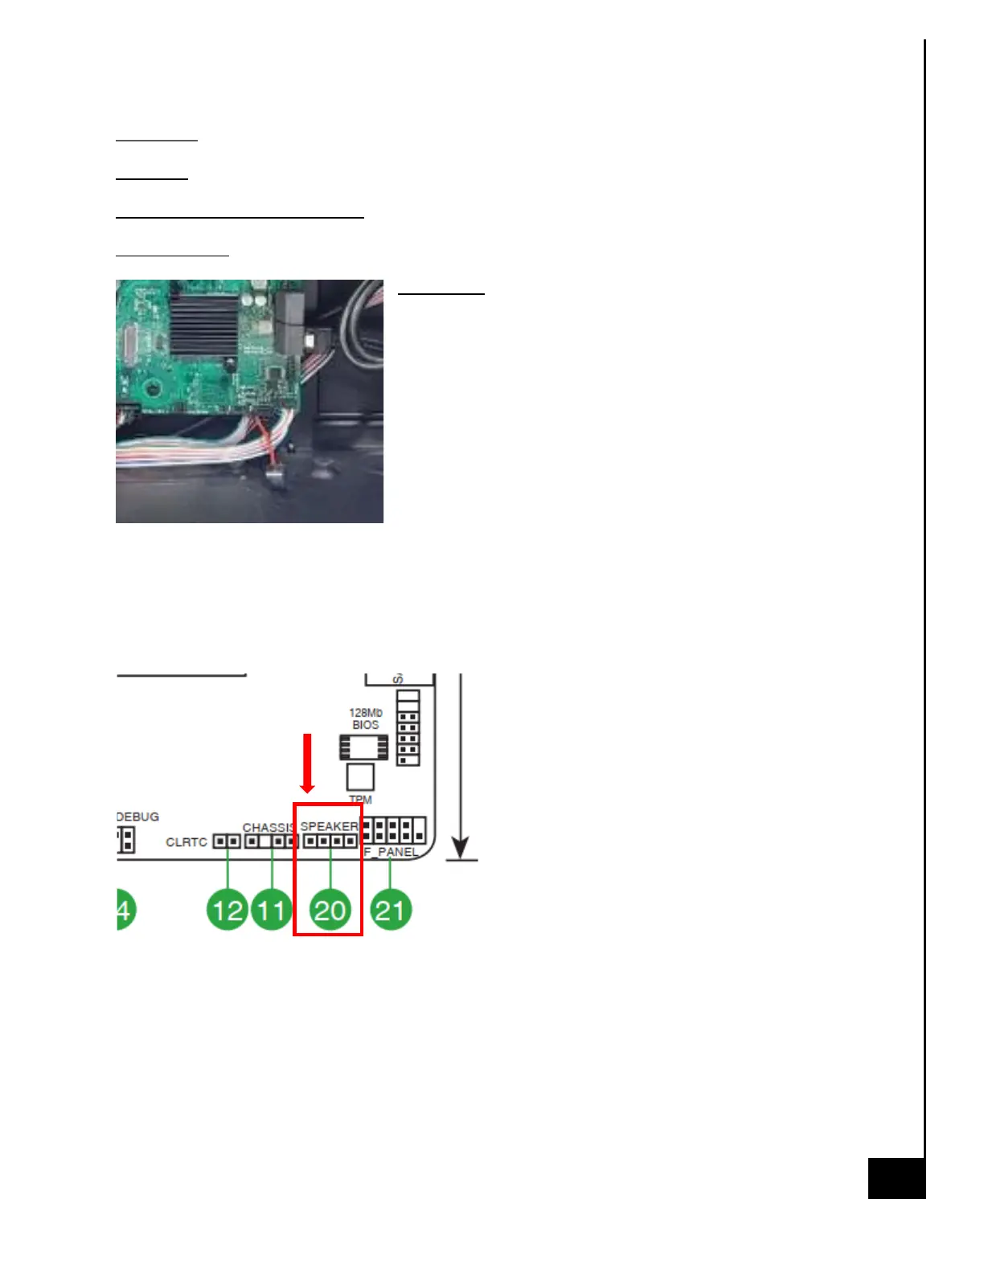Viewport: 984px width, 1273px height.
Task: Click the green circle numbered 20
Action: click(x=330, y=911)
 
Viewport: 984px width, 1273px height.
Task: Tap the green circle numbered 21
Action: click(x=391, y=911)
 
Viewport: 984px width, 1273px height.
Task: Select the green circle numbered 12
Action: click(x=228, y=911)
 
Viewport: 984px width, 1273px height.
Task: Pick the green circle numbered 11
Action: click(x=272, y=911)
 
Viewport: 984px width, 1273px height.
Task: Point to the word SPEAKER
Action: click(x=329, y=826)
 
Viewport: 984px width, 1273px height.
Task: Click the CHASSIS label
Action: click(x=268, y=827)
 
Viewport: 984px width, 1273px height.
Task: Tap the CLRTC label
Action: click(x=187, y=842)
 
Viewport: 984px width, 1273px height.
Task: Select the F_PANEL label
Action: click(x=392, y=852)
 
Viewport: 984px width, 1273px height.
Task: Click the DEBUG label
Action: click(x=137, y=817)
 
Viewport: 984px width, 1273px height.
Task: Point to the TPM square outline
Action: click(x=360, y=777)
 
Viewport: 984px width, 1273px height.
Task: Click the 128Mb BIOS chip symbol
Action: click(x=363, y=747)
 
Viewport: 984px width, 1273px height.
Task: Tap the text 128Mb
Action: click(x=366, y=713)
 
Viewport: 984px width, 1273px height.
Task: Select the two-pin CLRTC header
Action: click(x=227, y=841)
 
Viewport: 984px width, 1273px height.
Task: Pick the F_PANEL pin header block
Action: click(x=394, y=829)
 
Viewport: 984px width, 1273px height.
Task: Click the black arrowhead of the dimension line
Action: click(x=460, y=848)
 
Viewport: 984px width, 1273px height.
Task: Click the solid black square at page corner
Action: click(x=896, y=1179)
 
